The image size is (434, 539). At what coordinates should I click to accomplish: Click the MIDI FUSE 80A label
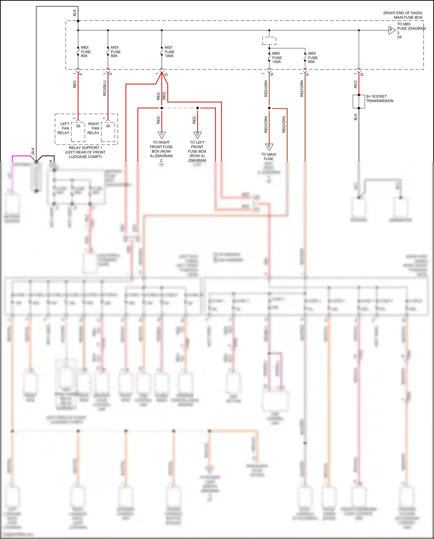86,52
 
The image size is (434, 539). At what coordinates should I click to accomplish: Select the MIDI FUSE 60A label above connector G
115,52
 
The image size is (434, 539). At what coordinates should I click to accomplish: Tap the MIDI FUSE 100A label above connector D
169,52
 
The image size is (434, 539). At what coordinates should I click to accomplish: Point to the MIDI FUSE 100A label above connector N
277,57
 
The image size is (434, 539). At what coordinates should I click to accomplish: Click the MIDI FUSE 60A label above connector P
312,57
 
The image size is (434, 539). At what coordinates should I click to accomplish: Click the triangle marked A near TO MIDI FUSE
391,30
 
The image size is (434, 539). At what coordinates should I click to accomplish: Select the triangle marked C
161,135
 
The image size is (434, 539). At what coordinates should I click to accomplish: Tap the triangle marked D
197,135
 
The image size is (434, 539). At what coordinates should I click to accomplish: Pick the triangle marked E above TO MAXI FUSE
269,147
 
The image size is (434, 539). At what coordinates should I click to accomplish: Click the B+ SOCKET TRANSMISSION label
379,98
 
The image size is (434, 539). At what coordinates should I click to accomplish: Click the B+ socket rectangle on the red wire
359,101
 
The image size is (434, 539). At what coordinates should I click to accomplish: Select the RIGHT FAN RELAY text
93,128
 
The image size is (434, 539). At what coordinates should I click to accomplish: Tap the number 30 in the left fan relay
78,126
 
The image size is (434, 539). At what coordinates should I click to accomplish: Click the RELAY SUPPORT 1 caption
85,148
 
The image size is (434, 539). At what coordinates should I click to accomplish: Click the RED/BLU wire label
105,88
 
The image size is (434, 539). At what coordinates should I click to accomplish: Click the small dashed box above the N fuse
269,41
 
